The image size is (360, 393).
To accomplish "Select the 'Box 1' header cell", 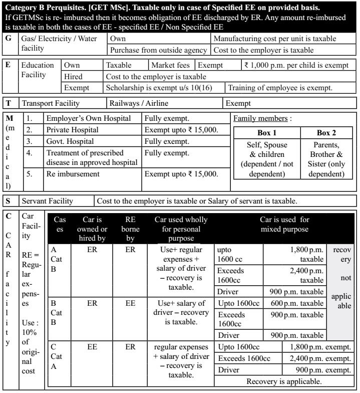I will coord(266,133).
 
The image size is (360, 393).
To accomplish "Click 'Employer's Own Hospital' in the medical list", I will coord(89,119).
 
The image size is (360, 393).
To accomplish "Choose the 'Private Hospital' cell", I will coord(72,130).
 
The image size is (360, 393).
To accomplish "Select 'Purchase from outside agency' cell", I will coord(158,50).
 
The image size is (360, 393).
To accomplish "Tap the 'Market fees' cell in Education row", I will coord(170,65).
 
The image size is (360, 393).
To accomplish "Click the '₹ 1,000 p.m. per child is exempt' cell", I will coord(296,65).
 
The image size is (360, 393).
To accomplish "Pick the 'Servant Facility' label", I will coord(47,201).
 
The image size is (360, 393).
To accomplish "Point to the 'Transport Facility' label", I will coord(50,104).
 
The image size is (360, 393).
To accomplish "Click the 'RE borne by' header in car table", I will coord(130,229).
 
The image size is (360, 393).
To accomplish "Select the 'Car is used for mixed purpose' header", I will coord(284,224).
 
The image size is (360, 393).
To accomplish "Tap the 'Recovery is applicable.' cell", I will coord(284,381).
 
